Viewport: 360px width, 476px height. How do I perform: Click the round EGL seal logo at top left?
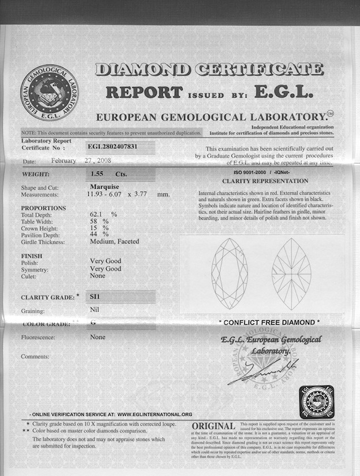pyautogui.click(x=50, y=92)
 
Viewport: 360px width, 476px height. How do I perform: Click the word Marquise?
pyautogui.click(x=104, y=187)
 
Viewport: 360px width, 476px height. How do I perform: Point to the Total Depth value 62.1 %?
pyautogui.click(x=103, y=214)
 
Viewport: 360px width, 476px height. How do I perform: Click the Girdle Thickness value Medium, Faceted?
pyautogui.click(x=114, y=241)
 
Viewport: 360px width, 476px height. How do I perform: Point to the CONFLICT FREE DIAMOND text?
pyautogui.click(x=269, y=322)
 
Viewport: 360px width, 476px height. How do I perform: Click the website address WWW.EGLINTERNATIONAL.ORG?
pyautogui.click(x=155, y=414)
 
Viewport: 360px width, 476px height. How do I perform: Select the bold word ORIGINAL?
pyautogui.click(x=213, y=426)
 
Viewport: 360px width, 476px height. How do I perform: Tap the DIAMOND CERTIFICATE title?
pyautogui.click(x=209, y=70)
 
